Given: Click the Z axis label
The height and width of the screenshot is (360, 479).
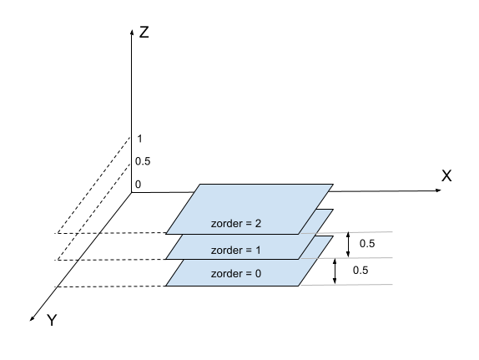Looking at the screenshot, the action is pos(144,32).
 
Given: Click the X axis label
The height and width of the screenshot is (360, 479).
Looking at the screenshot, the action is pos(446,176).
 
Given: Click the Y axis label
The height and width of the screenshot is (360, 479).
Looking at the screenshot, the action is pos(52,320).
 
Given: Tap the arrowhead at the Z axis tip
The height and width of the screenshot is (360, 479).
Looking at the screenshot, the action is pos(132,32).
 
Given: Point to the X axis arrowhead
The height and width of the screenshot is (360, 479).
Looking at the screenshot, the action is pos(438,190).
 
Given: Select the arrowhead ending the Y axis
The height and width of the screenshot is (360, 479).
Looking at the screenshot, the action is pos(32,319).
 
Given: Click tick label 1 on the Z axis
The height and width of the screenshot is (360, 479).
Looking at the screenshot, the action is pos(139,139).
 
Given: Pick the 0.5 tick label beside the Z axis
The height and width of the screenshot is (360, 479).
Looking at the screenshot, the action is pos(143,161).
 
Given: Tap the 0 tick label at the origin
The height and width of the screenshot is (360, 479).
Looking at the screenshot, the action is pos(138,185).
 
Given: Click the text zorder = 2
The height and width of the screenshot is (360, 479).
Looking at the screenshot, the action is pos(236,224).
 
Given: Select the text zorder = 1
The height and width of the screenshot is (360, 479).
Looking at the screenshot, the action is pos(236,251).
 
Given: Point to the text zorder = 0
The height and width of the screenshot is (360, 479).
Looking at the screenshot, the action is pos(236,273).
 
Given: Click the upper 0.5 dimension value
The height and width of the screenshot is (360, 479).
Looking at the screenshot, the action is pos(367,243).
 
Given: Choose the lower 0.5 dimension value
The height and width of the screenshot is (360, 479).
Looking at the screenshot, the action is pos(361,270).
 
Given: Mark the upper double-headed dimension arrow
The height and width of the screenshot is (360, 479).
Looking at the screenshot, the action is pos(348,245).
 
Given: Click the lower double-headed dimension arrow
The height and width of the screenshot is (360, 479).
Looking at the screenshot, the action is pos(335,271).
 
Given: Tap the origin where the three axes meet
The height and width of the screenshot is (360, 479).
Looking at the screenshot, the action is pos(132,192).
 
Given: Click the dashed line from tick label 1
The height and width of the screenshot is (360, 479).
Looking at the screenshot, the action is pos(93,185).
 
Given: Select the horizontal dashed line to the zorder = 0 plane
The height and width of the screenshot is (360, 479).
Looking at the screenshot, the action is pos(110,286).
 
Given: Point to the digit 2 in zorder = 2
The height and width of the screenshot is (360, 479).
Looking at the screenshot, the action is pos(258,223).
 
